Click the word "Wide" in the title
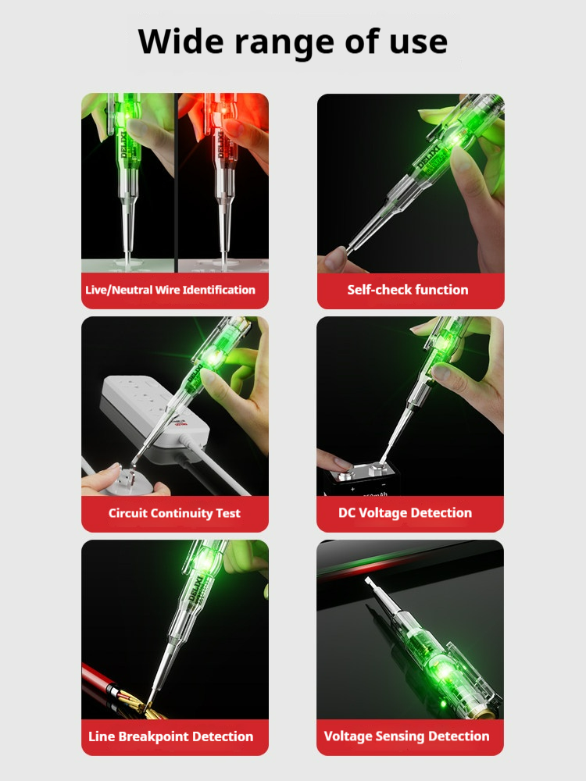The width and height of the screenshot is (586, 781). pyautogui.click(x=181, y=41)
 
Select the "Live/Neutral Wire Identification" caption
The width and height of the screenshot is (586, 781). pyautogui.click(x=170, y=290)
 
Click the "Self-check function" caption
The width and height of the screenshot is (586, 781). pyautogui.click(x=408, y=290)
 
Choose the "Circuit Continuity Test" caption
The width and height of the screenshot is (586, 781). pyautogui.click(x=174, y=513)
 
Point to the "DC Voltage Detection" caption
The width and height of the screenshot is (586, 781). pyautogui.click(x=405, y=513)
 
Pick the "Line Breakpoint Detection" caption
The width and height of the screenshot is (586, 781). pyautogui.click(x=170, y=736)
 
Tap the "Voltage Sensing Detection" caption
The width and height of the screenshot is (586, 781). pyautogui.click(x=406, y=736)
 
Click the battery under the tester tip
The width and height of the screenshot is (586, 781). pyautogui.click(x=361, y=480)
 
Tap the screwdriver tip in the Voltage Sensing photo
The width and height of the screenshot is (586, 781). pyautogui.click(x=369, y=582)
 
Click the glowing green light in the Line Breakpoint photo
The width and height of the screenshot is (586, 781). pyautogui.click(x=204, y=562)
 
